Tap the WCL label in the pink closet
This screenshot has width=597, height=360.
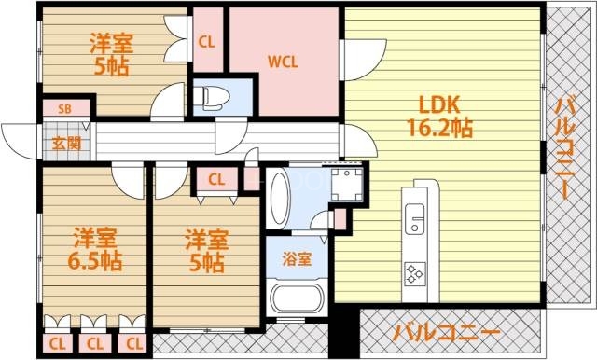coord(283,63)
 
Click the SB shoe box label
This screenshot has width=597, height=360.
coord(64,109)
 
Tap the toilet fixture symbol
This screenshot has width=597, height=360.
coord(211,96)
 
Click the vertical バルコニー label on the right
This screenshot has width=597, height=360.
coord(563,145)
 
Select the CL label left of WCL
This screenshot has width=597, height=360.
coord(208,42)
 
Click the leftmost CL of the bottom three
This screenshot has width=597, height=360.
coord(57,343)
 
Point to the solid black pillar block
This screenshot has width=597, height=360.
coord(344,330)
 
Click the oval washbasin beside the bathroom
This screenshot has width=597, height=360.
coord(278,196)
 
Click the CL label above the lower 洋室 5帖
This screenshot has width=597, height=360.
coord(215,180)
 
